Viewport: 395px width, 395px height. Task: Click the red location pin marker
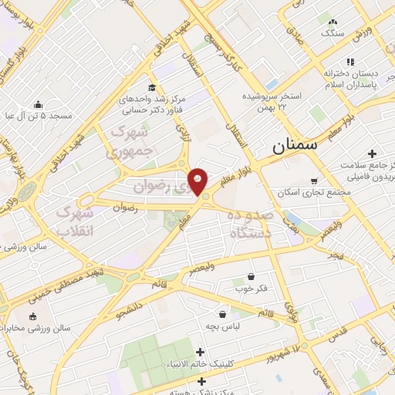pos(198,181)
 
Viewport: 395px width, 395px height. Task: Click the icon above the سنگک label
pos(333,22)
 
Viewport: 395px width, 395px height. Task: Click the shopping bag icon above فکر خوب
pos(251,276)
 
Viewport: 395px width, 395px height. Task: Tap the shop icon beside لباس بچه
pos(223,314)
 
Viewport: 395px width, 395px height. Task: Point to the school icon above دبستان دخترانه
pos(349,62)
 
